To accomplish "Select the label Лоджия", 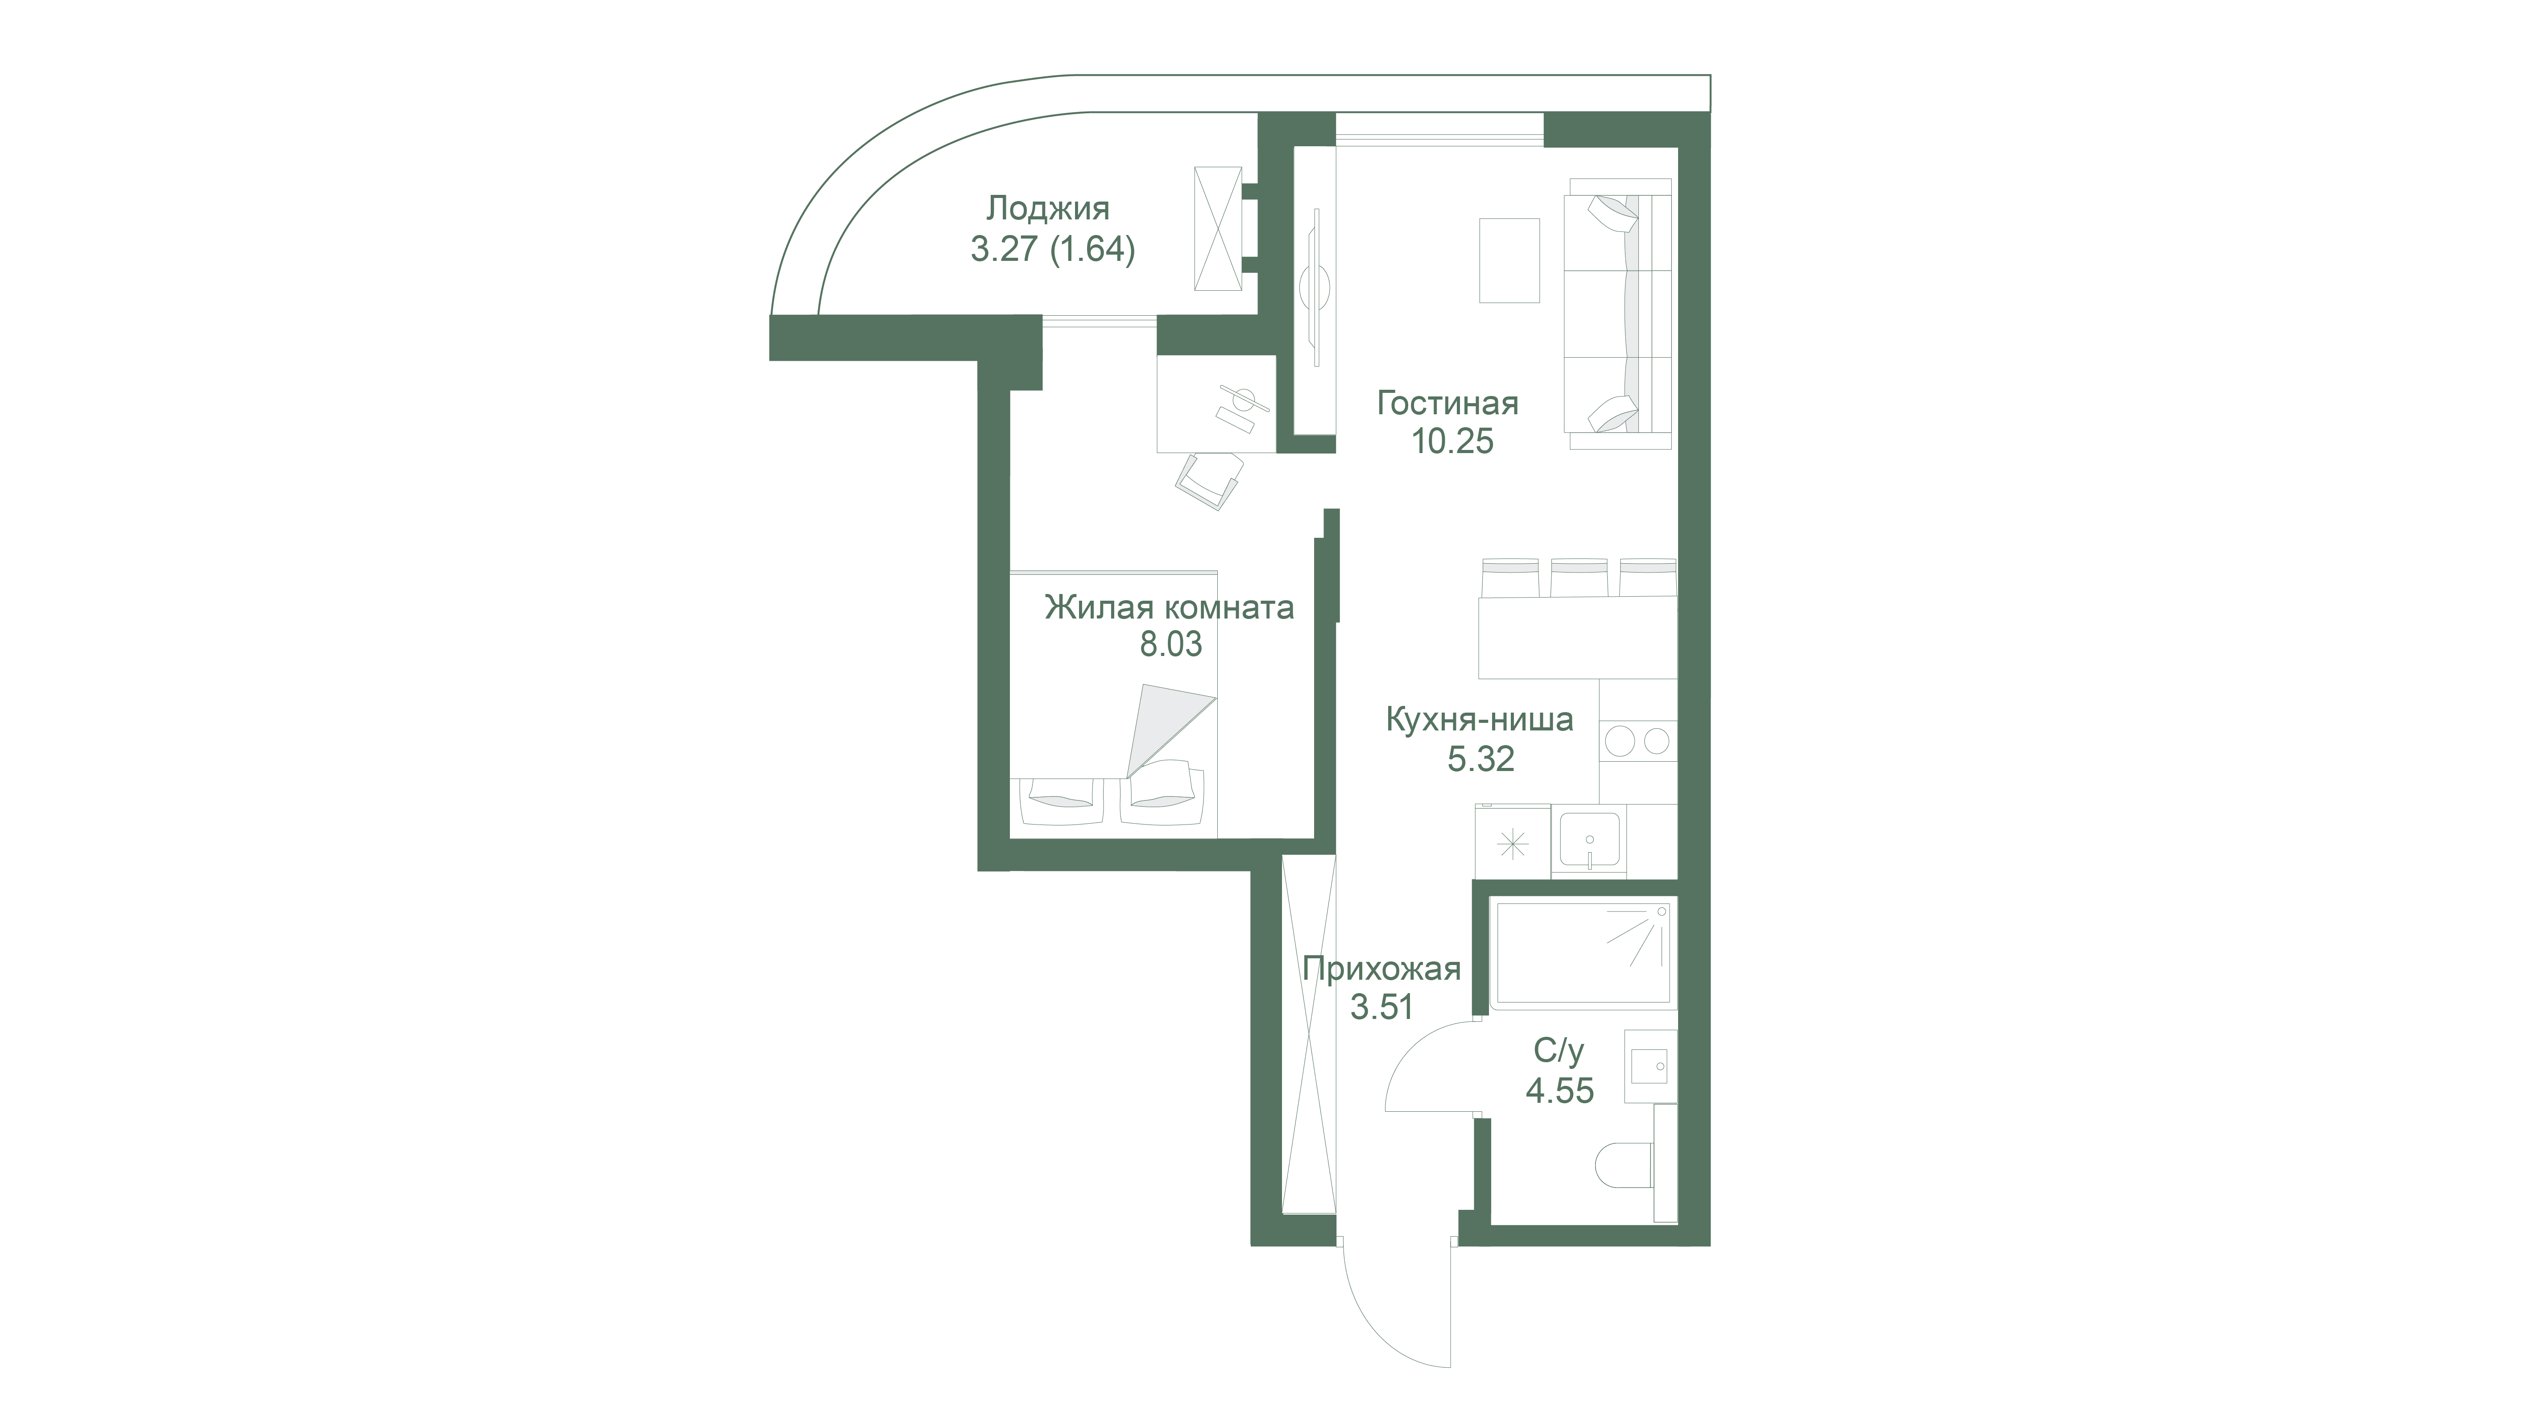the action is [x=1048, y=209].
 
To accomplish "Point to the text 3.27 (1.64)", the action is [x=1053, y=249].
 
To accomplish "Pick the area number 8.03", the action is [x=1171, y=644].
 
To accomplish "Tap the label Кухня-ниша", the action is [x=1480, y=720].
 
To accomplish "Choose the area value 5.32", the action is [x=1480, y=759].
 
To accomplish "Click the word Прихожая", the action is [x=1381, y=970].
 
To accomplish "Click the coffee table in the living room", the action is [x=1509, y=260].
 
